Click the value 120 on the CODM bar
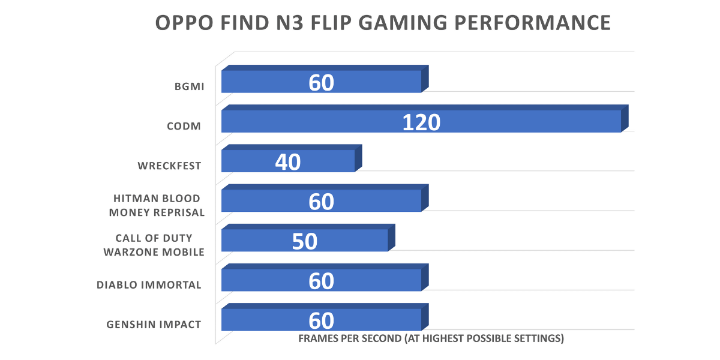(x=421, y=122)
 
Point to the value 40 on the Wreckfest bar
(x=288, y=161)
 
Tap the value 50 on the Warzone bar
(x=305, y=241)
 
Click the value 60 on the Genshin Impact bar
(x=322, y=320)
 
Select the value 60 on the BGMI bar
(x=322, y=82)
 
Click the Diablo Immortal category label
(x=149, y=285)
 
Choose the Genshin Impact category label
(x=154, y=325)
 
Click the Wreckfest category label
(x=169, y=166)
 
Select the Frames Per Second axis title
(x=431, y=338)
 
